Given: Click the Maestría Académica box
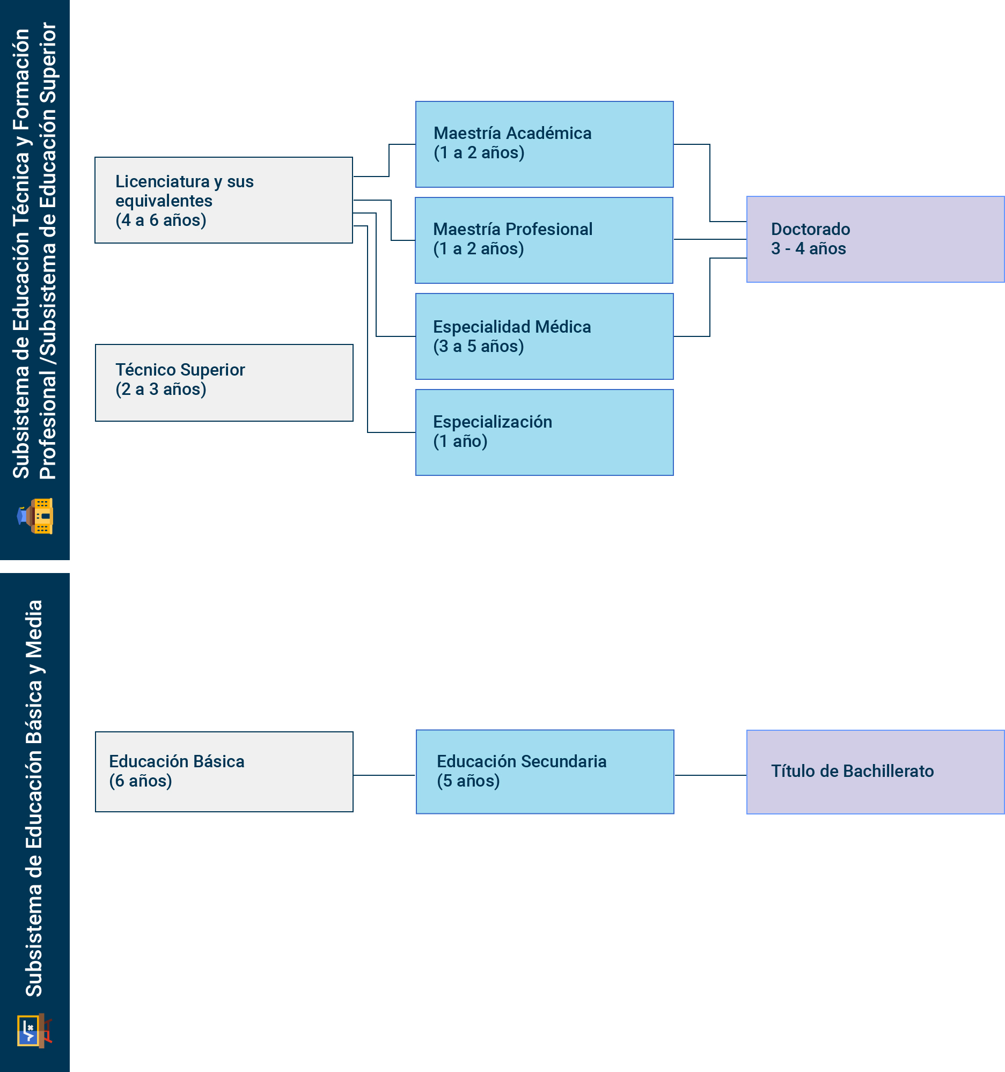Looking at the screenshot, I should (544, 144).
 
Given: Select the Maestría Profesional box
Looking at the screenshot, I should (544, 240).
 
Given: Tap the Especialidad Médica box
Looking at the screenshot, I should (544, 336).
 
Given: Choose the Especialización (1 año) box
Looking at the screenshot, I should (544, 432).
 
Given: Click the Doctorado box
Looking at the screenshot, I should (875, 239).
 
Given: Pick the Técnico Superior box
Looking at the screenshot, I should (224, 383).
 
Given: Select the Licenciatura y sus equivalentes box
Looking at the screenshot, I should (223, 200).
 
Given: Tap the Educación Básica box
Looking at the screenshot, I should (224, 771).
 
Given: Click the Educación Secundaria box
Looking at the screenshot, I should (545, 771).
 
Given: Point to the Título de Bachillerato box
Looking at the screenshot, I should (875, 772).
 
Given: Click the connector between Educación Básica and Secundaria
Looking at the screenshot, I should (384, 775).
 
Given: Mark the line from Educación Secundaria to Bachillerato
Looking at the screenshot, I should (710, 775).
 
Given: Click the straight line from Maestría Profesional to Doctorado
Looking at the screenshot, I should (709, 239).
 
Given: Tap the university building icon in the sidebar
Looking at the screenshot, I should (35, 516).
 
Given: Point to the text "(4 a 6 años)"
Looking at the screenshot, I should (160, 220).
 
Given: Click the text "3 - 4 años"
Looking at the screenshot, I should (808, 248).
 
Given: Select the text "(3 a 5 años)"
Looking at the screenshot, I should (478, 346).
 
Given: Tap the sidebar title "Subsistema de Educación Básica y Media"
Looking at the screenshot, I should (34, 798).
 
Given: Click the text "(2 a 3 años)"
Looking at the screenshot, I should (160, 389).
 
